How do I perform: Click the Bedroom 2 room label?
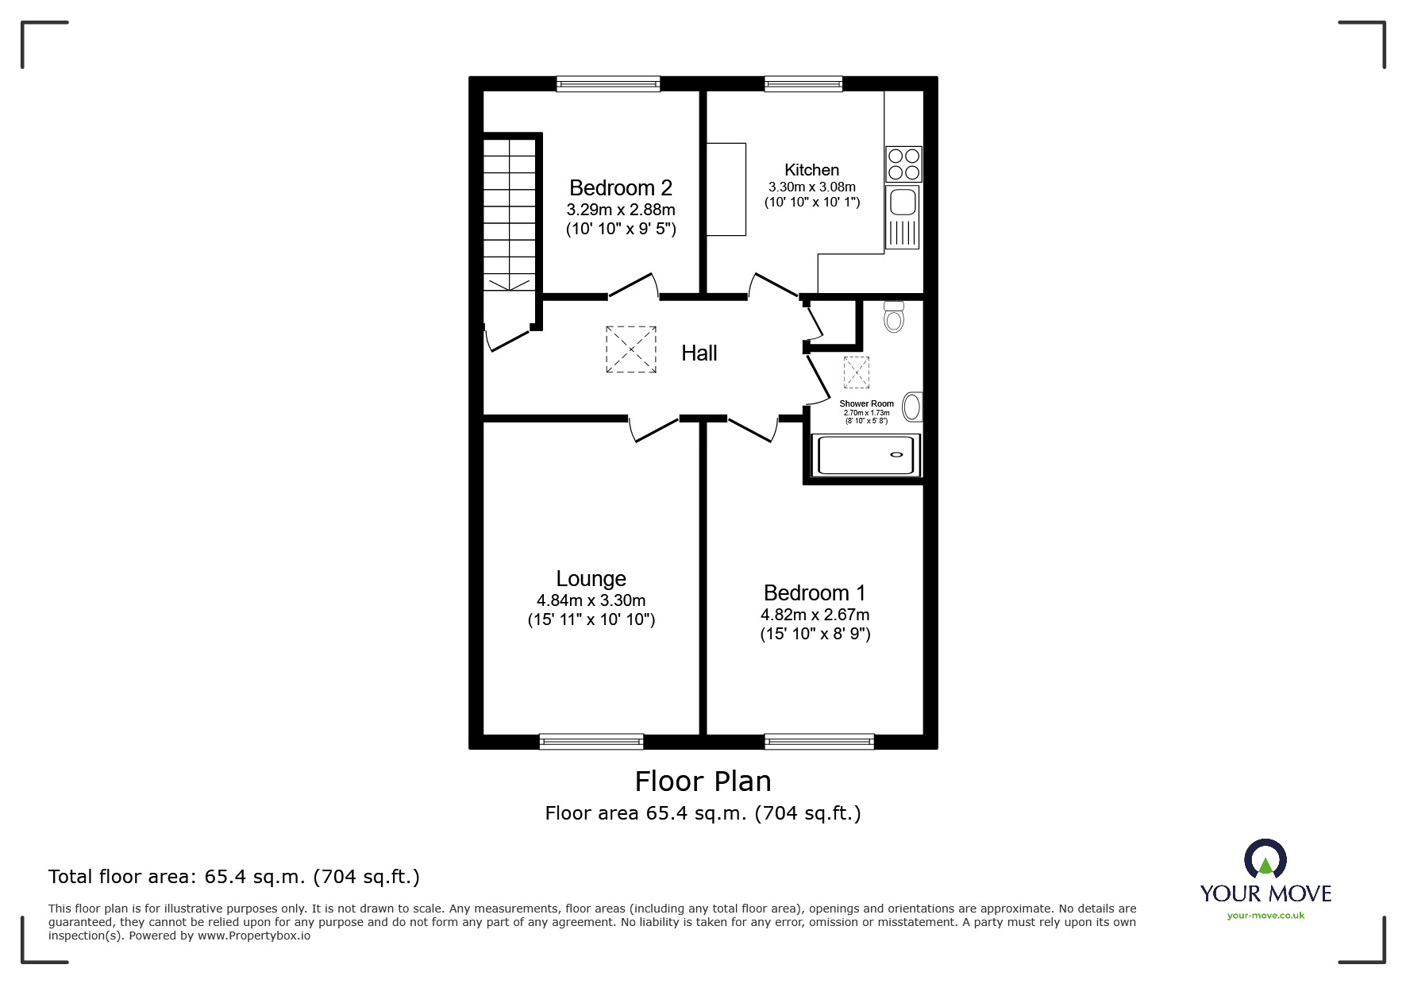pos(620,188)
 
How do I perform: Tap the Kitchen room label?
pos(811,170)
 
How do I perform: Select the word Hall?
pos(699,353)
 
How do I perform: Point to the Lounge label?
pos(591,579)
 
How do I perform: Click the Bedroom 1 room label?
pos(815,593)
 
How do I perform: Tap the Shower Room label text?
pos(866,403)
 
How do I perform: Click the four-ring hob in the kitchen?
pos(903,164)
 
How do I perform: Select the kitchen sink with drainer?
pos(903,217)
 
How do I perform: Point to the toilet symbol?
pos(894,317)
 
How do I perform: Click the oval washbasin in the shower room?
pos(912,407)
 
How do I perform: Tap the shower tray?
pos(865,455)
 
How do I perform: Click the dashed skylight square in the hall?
pos(631,349)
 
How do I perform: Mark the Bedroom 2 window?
pos(608,83)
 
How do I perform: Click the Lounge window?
pos(591,742)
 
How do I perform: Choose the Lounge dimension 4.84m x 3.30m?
pos(591,601)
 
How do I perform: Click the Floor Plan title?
pos(703,781)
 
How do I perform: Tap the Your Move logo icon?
pos(1265,859)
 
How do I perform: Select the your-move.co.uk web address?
pos(1265,916)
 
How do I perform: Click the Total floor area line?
pos(234,877)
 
